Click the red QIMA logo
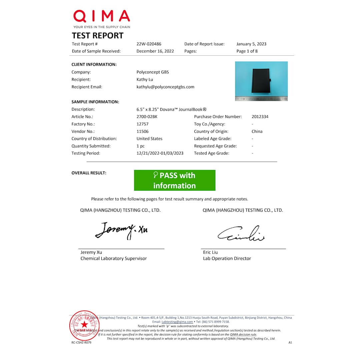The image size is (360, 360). (101, 16)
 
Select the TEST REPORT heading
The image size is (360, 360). (97, 36)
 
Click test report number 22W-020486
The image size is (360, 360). (149, 44)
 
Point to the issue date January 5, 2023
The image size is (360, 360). (251, 44)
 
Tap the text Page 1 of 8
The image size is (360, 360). (247, 51)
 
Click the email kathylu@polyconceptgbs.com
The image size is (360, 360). (165, 87)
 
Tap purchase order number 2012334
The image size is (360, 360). (260, 117)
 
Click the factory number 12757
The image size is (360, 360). (142, 124)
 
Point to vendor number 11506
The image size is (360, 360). (142, 131)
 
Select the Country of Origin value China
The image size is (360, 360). (257, 131)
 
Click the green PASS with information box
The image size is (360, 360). (175, 180)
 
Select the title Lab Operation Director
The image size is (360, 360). (227, 259)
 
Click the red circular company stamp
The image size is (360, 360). (84, 325)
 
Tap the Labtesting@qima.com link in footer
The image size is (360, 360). (177, 322)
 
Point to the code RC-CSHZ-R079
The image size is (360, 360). (81, 342)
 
